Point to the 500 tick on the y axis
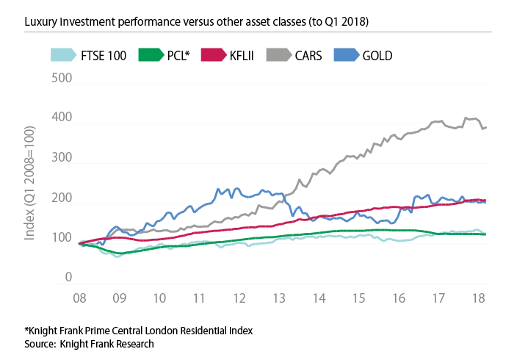(x=63, y=77)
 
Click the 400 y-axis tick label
(x=63, y=118)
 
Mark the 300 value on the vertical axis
(x=63, y=158)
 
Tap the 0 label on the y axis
(x=68, y=278)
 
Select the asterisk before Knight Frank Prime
(x=26, y=330)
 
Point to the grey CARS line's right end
(x=486, y=128)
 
